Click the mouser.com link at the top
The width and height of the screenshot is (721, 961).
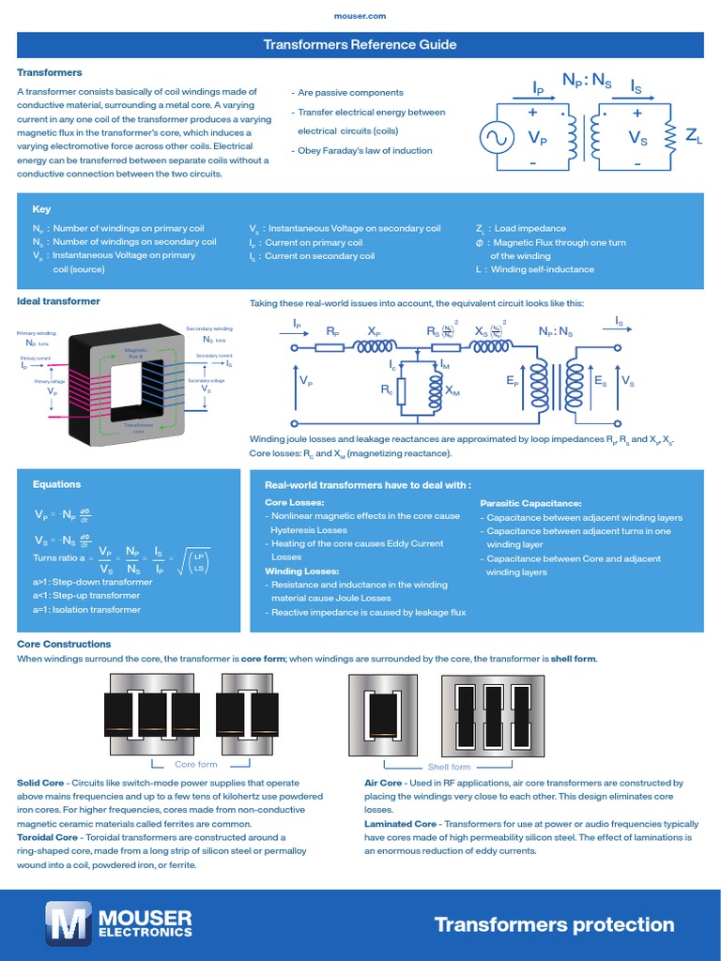pos(360,16)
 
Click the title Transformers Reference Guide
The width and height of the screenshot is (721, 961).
pos(360,44)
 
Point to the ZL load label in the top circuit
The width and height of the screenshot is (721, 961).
pos(694,137)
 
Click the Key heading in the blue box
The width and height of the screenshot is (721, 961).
pos(41,209)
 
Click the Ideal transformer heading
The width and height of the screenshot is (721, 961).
pos(59,301)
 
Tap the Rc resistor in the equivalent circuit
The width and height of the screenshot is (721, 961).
pos(402,389)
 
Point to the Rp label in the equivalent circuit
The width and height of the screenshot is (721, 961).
pos(332,331)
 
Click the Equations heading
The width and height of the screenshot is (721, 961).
pos(56,484)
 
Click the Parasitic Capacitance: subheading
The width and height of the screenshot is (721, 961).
pos(530,503)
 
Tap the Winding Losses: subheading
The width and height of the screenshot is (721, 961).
pos(301,571)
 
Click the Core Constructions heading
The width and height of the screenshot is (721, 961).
pos(64,644)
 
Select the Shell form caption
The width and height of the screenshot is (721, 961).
pos(450,767)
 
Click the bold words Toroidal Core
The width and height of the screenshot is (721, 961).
pos(48,836)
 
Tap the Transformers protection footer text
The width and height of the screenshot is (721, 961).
pos(554,924)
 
